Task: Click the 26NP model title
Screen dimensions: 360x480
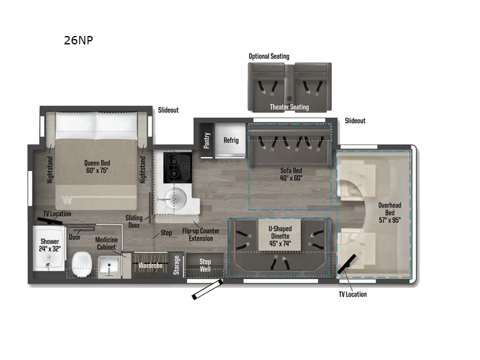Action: (x=78, y=40)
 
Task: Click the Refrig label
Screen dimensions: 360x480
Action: (x=231, y=140)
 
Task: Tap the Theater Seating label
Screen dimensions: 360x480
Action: (x=289, y=107)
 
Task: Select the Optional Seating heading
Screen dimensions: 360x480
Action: (x=269, y=56)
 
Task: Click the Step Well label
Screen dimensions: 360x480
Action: (x=205, y=265)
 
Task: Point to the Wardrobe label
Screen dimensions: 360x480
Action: (x=151, y=265)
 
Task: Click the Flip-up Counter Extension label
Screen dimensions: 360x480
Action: (x=201, y=235)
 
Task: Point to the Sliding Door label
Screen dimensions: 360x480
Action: (x=134, y=222)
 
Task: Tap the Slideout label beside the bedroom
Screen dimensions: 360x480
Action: (x=168, y=110)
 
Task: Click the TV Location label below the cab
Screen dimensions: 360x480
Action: (x=352, y=294)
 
